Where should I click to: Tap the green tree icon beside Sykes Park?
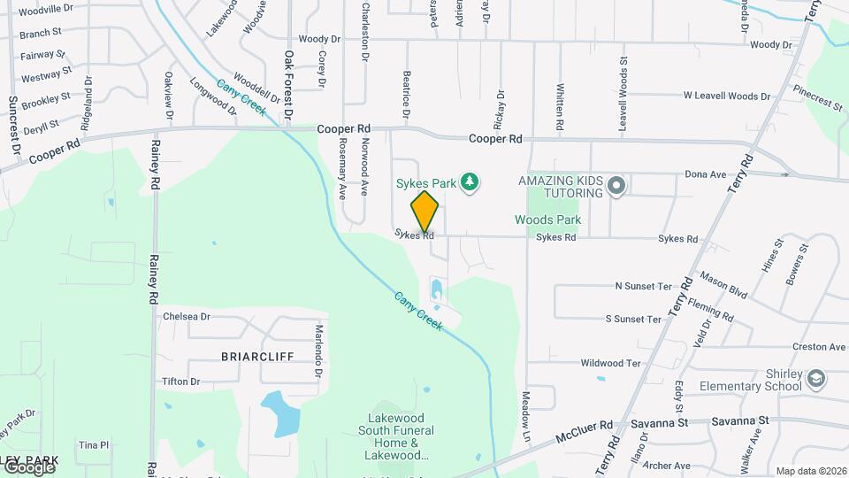click(470, 183)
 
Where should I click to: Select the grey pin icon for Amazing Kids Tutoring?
click(616, 186)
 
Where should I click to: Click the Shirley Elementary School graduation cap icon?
click(816, 379)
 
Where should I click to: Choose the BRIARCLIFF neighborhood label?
click(257, 355)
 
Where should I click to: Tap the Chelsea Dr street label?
click(186, 316)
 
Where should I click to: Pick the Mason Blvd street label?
click(723, 282)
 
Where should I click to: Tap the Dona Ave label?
click(705, 174)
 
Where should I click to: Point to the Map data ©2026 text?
click(810, 471)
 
